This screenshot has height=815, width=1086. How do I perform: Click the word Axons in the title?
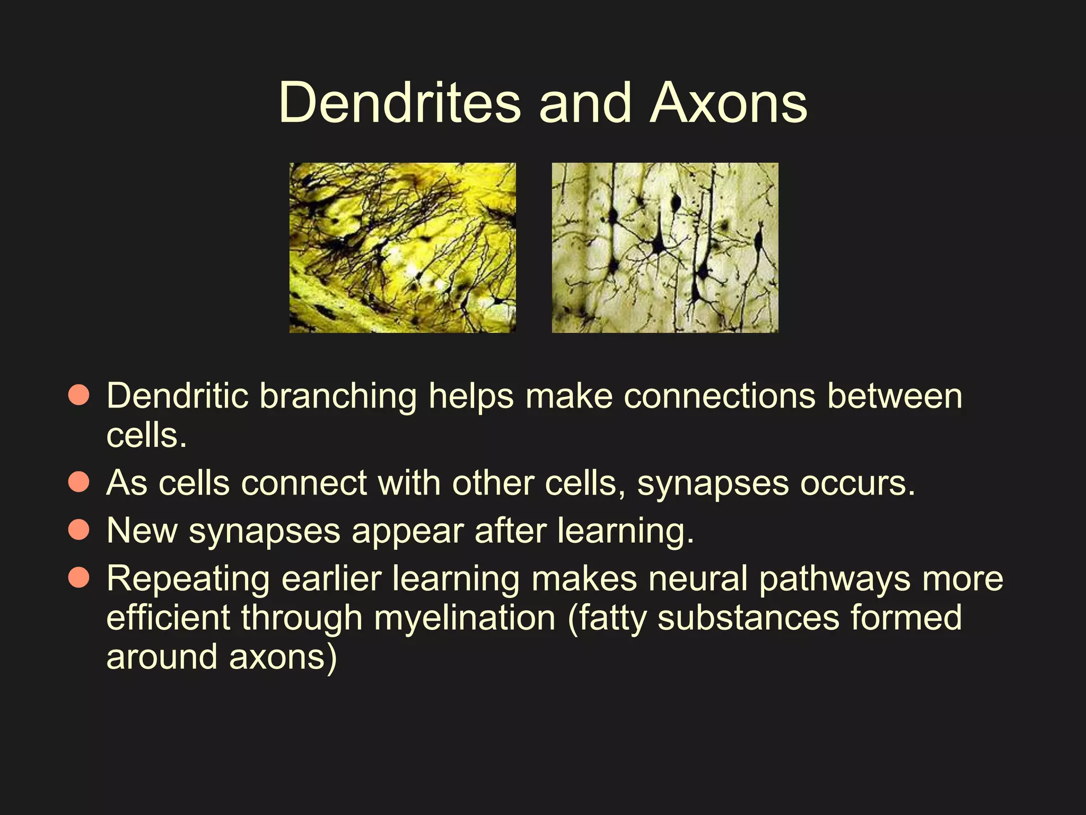pyautogui.click(x=729, y=103)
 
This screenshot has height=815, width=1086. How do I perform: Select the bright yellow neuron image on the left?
pyautogui.click(x=402, y=248)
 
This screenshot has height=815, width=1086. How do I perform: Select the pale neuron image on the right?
pyautogui.click(x=665, y=248)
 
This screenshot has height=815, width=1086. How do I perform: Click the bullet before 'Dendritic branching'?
pyautogui.click(x=79, y=395)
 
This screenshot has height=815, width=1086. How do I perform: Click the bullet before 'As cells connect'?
pyautogui.click(x=79, y=482)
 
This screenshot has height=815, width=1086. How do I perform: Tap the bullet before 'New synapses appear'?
pyautogui.click(x=79, y=530)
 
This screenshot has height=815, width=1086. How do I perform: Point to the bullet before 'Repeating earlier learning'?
pyautogui.click(x=79, y=577)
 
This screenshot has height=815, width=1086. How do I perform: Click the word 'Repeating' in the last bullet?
pyautogui.click(x=188, y=579)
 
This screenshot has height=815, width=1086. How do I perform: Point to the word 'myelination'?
pyautogui.click(x=465, y=619)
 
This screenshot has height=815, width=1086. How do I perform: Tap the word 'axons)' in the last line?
pyautogui.click(x=283, y=658)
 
